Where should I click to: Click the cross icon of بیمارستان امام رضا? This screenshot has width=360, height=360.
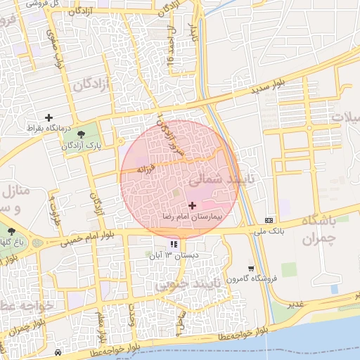193,205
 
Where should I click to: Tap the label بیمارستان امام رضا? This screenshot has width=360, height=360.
192,216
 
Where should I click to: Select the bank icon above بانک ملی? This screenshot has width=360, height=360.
270,220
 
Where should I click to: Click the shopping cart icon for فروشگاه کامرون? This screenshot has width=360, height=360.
251,269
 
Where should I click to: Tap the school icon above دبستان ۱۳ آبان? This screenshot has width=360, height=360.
174,245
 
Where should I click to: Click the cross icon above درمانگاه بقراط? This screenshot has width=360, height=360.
49,117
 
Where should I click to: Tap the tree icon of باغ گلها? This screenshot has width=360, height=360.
11,231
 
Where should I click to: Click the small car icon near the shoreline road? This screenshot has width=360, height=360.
58,352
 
